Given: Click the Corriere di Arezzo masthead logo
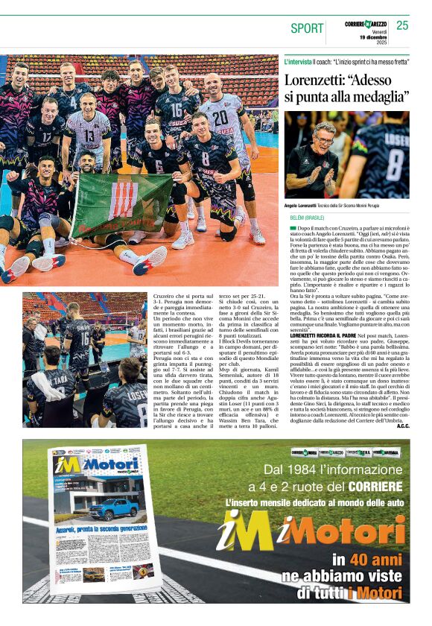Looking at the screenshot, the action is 366,24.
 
